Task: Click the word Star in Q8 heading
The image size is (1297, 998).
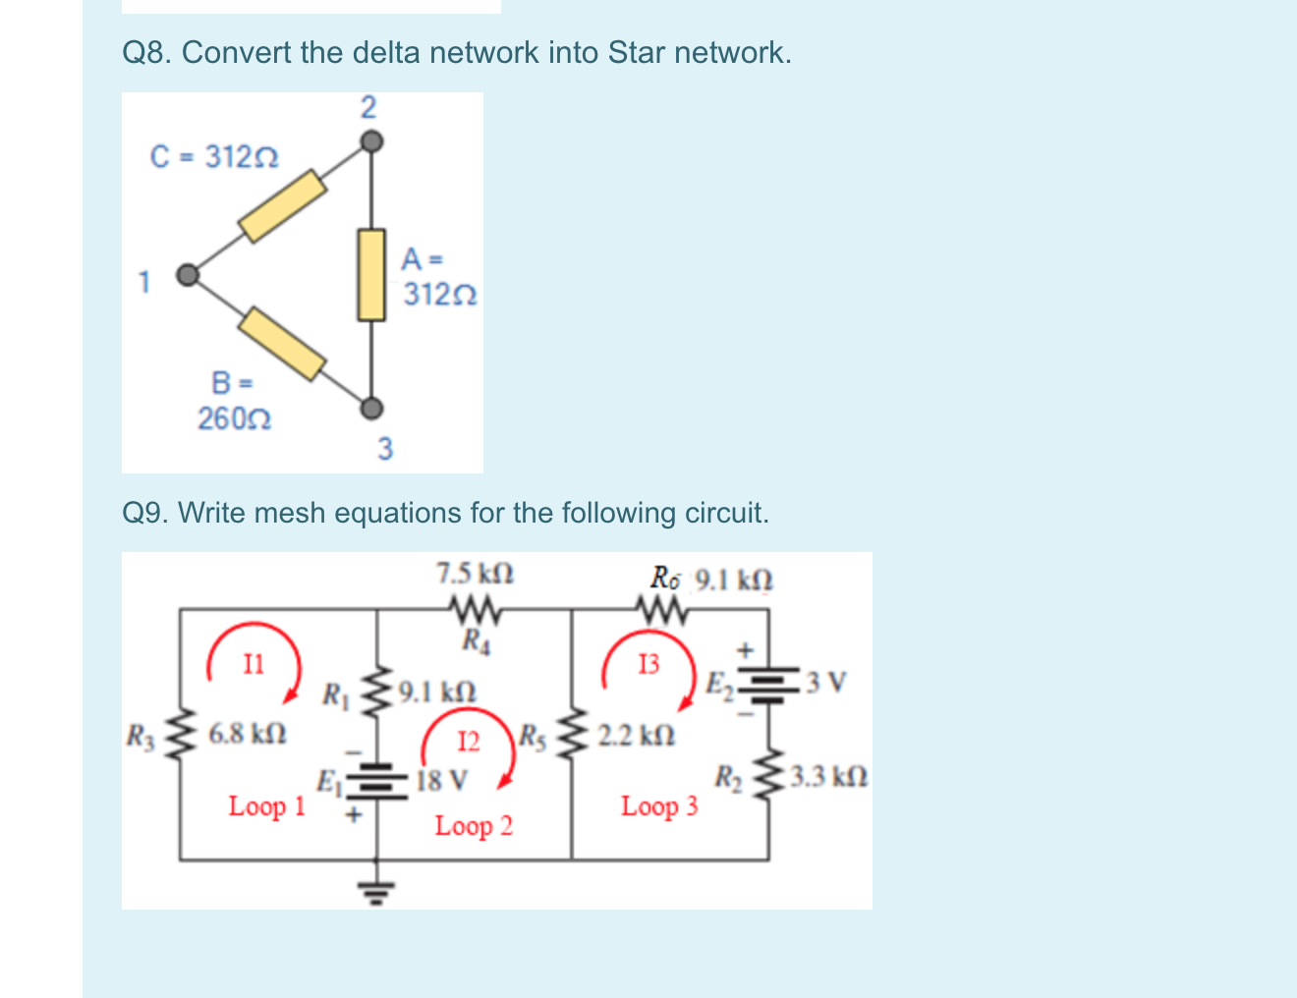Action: [637, 52]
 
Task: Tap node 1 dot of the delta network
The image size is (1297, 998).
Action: [187, 275]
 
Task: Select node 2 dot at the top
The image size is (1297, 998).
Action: [369, 142]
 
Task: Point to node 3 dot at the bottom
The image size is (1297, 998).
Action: [370, 408]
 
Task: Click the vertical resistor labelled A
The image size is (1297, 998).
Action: [370, 275]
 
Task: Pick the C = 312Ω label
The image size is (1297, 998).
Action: [214, 156]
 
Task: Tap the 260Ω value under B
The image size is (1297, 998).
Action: [235, 419]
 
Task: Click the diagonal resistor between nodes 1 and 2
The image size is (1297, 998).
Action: [283, 205]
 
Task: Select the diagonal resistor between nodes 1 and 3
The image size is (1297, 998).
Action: [283, 343]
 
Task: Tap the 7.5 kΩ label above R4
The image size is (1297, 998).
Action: [475, 573]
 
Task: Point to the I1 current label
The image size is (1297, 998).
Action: [254, 665]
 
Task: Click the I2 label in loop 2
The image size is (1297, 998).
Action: [470, 741]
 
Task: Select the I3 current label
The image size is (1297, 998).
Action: [649, 665]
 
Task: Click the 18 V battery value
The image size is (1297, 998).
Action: [442, 781]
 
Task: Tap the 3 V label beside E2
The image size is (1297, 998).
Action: [825, 681]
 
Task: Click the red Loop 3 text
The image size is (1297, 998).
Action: [659, 806]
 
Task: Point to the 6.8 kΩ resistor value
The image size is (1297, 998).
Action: [248, 733]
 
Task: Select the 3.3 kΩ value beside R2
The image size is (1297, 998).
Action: [829, 778]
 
